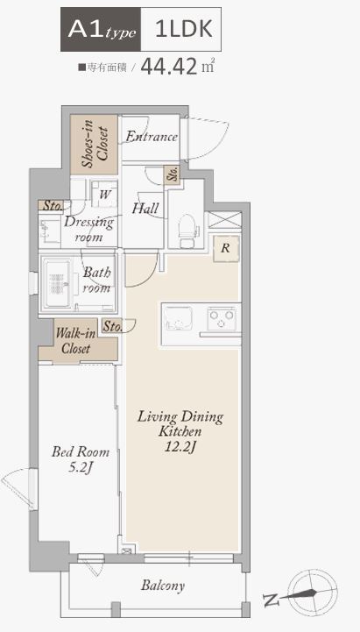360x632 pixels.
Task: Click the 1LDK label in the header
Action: (x=184, y=29)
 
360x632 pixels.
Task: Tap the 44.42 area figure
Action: (x=169, y=67)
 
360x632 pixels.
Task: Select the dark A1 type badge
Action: (x=101, y=30)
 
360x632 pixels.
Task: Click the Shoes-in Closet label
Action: (x=95, y=144)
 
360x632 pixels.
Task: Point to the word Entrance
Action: (x=152, y=137)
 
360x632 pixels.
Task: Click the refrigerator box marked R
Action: (x=225, y=249)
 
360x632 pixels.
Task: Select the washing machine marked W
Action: (x=105, y=195)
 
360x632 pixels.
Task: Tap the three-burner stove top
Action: (x=221, y=318)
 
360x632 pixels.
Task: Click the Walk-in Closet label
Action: (x=76, y=341)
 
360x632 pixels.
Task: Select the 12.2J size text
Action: (x=180, y=447)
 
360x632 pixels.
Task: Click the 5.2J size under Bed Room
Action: (x=81, y=467)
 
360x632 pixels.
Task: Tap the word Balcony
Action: (x=163, y=586)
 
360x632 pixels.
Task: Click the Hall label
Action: (x=145, y=209)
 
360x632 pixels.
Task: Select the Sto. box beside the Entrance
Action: (x=172, y=175)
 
